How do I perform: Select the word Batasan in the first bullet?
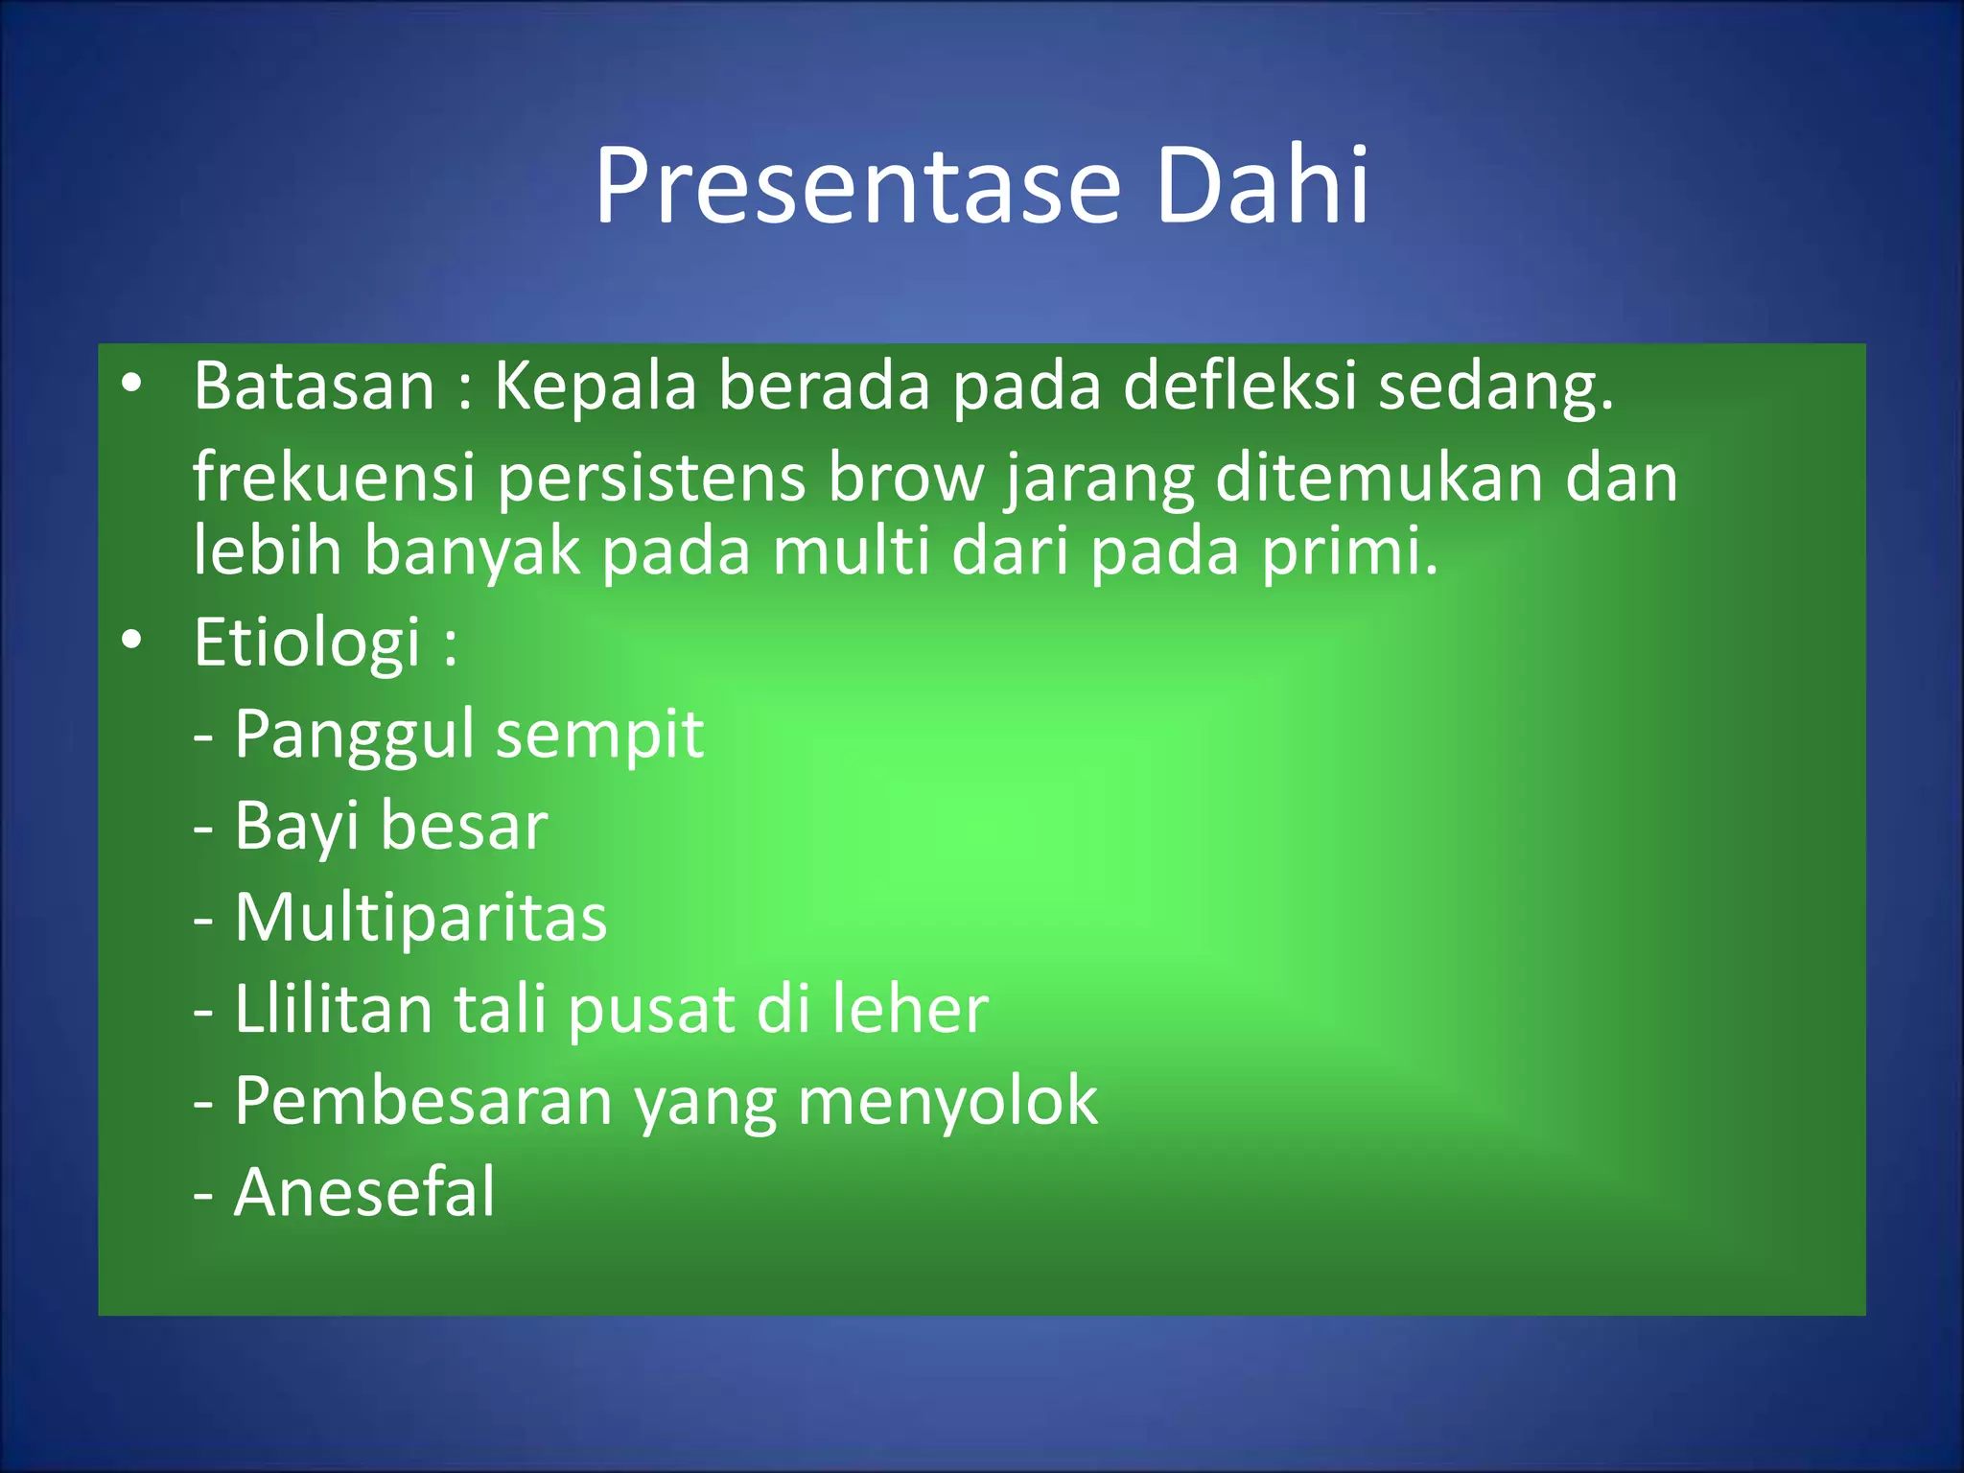click(315, 386)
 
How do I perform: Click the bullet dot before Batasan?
click(131, 385)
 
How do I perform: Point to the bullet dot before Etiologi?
click(131, 640)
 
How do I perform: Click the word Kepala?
click(595, 386)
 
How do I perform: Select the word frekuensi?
click(334, 477)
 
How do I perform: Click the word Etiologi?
click(307, 643)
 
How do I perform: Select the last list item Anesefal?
click(364, 1192)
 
